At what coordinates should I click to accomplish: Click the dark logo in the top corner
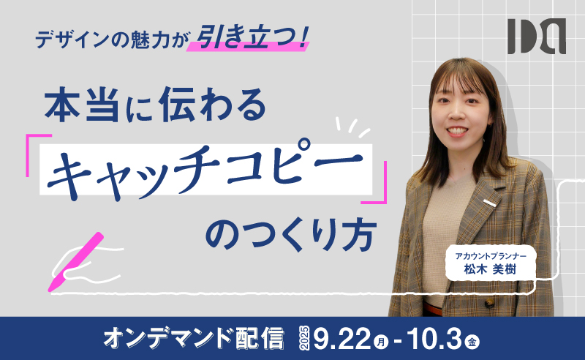pyautogui.click(x=537, y=37)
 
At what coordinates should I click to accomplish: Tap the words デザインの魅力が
pyautogui.click(x=110, y=40)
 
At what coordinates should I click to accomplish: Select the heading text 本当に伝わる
pyautogui.click(x=155, y=105)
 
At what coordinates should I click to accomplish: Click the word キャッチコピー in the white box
pyautogui.click(x=205, y=169)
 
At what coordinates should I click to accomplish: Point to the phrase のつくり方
pyautogui.click(x=291, y=234)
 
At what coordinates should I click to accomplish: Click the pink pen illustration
pyautogui.click(x=76, y=261)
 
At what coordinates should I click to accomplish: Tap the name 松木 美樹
pyautogui.click(x=490, y=269)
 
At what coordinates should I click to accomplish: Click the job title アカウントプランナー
pyautogui.click(x=491, y=256)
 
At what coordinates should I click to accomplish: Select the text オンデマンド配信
pyautogui.click(x=194, y=338)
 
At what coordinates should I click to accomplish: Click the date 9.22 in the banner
pyautogui.click(x=343, y=338)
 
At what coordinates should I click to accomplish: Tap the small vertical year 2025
pyautogui.click(x=304, y=338)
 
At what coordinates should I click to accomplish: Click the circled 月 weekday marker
pyautogui.click(x=381, y=341)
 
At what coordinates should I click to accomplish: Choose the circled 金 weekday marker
pyautogui.click(x=472, y=341)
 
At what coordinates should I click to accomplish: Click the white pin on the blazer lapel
pyautogui.click(x=490, y=203)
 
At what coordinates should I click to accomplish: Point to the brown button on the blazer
pyautogui.click(x=489, y=303)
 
